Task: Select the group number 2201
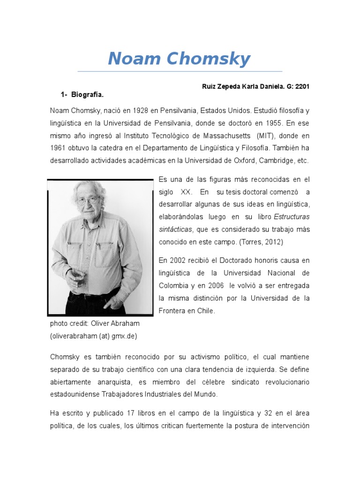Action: (301, 87)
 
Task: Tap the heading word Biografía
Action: (87, 95)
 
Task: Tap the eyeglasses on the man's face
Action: (88, 201)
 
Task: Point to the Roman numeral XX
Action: (183, 192)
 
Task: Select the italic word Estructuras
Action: (292, 217)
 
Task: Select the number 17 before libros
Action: (130, 413)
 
